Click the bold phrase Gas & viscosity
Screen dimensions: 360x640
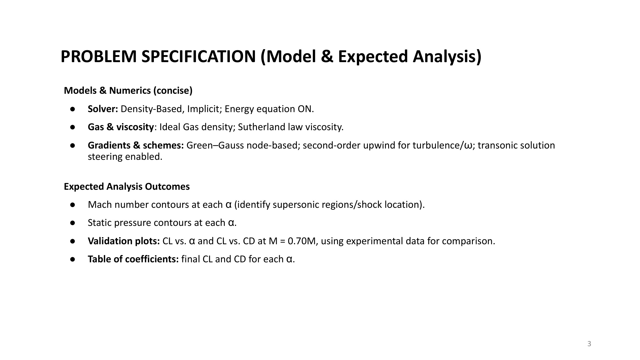[121, 127]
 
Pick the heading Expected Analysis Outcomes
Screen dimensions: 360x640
[127, 187]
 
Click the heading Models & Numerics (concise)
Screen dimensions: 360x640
[128, 91]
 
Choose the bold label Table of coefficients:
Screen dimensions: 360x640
[133, 259]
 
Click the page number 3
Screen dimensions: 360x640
[589, 344]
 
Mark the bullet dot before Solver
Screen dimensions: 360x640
[73, 109]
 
